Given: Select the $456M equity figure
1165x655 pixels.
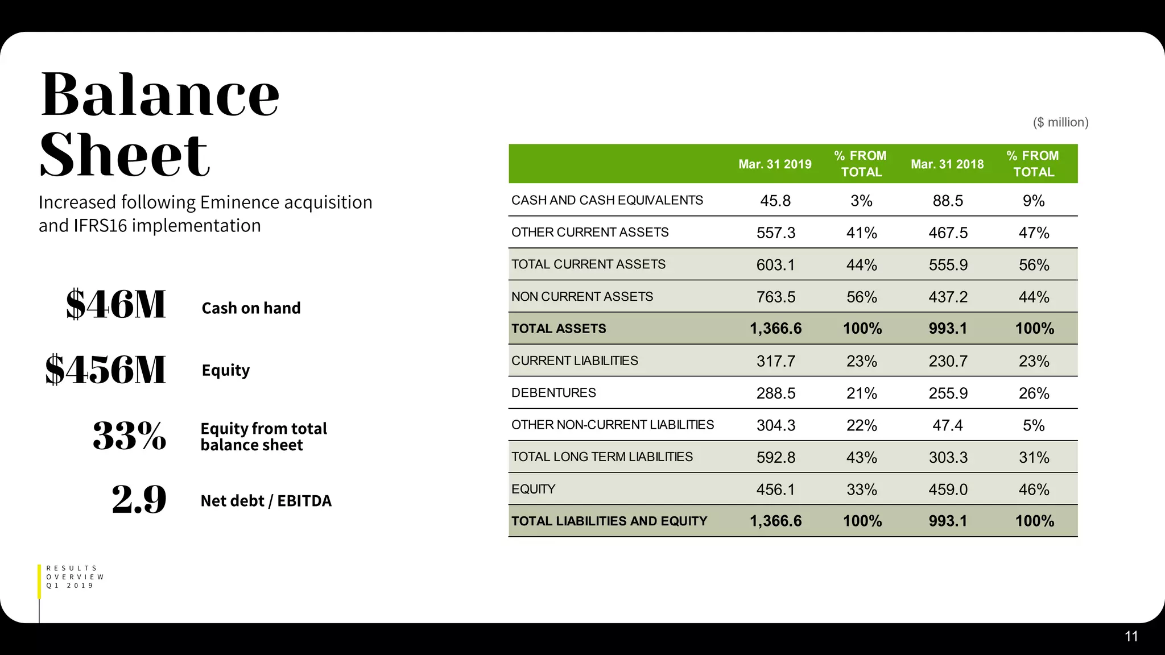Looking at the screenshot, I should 106,370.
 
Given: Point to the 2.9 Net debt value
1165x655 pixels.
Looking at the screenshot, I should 139,500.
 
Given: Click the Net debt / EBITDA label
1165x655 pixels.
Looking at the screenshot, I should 266,501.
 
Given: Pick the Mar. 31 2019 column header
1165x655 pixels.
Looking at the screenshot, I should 775,164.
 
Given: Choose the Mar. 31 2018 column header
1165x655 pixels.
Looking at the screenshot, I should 947,164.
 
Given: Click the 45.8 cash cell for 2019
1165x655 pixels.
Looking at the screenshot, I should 775,201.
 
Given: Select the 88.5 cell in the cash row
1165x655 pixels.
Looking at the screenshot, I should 948,201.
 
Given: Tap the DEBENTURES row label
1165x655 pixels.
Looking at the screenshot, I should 553,393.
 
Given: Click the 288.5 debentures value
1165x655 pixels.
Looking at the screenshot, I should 775,393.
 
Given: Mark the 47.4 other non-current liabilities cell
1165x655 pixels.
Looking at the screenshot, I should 948,425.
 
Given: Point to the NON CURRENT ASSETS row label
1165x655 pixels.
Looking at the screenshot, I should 582,297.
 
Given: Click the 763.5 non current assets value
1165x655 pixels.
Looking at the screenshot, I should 775,297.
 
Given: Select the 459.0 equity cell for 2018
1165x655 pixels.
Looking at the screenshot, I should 948,490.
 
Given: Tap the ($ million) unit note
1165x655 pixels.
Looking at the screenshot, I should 1060,122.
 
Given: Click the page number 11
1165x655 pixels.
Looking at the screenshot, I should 1131,637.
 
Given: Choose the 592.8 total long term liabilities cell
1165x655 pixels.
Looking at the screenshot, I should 775,458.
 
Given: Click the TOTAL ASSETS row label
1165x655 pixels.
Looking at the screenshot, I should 559,329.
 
